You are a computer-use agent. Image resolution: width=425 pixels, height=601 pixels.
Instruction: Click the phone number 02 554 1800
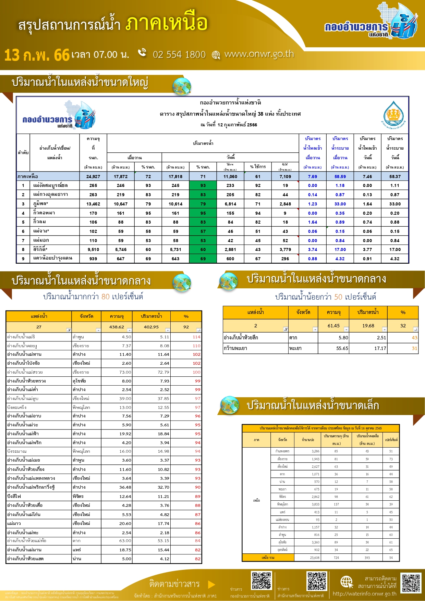coord(179,55)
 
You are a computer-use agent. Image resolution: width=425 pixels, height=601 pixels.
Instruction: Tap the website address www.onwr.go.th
coord(259,54)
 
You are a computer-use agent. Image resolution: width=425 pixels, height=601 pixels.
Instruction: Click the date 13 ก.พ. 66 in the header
coord(37,55)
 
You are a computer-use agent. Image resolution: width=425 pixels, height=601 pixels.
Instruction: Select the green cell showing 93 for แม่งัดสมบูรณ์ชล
coord(203,186)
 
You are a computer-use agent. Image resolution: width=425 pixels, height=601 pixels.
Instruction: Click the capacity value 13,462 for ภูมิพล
coord(93,204)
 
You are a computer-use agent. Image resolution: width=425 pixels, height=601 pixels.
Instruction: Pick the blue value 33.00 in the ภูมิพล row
coord(340,204)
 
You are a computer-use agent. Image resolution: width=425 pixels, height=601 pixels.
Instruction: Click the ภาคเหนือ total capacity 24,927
coord(93,176)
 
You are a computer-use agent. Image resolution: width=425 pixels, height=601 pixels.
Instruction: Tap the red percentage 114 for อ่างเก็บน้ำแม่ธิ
coord(196,337)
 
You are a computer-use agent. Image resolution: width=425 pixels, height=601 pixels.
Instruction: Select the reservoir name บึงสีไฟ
coord(14,496)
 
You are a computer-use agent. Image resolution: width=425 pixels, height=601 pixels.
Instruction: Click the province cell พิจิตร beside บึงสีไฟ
coord(78,496)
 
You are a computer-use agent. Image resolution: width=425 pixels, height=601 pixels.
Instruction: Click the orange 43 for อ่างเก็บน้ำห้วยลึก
coord(414,338)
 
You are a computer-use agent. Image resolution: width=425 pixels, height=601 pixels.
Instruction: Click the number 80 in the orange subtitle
coord(106,297)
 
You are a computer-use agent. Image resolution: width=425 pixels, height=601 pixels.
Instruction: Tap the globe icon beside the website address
coord(216,55)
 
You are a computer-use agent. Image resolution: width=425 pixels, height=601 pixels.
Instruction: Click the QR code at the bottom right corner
coord(411,583)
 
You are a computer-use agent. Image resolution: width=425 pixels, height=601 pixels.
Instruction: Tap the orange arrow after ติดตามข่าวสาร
coord(211,584)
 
